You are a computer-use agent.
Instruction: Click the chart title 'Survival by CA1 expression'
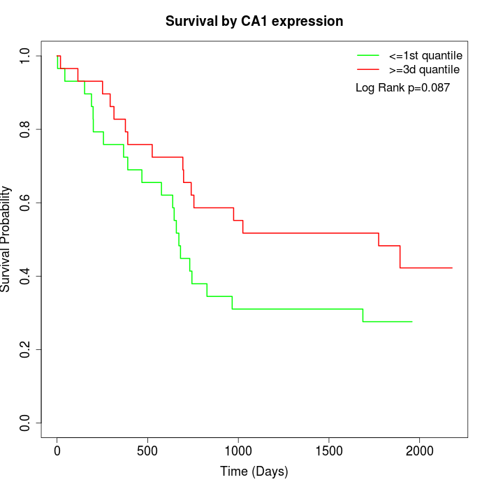click(254, 22)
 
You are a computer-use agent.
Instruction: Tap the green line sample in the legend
click(367, 54)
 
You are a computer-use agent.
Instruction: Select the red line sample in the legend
click(367, 69)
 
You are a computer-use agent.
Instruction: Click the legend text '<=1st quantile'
click(425, 54)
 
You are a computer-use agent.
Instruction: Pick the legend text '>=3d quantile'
click(424, 69)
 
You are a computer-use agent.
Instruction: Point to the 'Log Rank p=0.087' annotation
click(402, 88)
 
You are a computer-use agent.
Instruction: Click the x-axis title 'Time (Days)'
click(254, 472)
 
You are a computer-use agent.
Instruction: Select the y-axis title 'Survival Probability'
click(6, 239)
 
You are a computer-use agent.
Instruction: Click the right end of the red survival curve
click(452, 268)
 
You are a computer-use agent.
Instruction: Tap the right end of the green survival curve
click(412, 321)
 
